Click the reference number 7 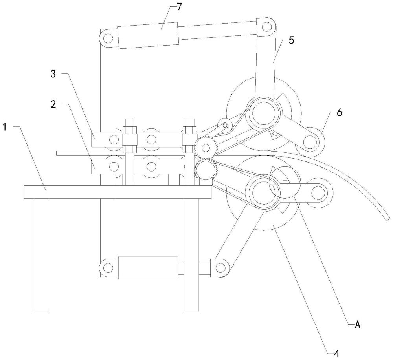179,7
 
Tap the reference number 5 291,40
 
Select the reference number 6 339,113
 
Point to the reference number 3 53,74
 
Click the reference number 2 53,104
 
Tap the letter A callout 358,325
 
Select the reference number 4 337,353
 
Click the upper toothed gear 206,148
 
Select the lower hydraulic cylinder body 149,268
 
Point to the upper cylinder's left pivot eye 108,38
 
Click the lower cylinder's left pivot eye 108,268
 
